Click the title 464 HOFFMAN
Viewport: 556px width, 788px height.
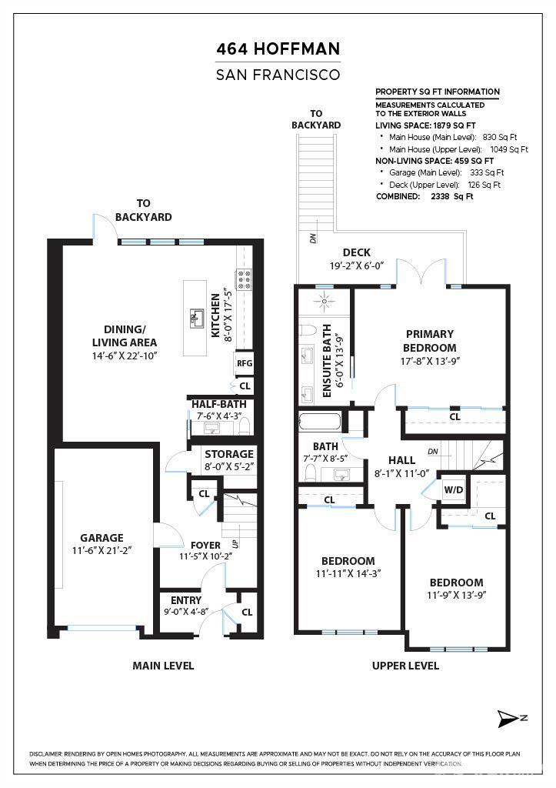tap(278, 50)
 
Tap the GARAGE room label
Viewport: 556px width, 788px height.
tap(102, 538)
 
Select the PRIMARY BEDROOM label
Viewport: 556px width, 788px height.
tap(429, 341)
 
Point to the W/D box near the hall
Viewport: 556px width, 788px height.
tap(452, 490)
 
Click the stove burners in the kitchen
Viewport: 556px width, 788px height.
tap(245, 279)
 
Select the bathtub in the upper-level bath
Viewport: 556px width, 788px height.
tap(319, 422)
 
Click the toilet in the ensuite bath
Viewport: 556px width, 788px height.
tap(308, 331)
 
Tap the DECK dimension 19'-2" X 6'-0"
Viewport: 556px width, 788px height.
tap(356, 265)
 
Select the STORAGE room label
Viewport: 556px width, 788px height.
tap(228, 454)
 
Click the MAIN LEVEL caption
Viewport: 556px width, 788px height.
tap(163, 665)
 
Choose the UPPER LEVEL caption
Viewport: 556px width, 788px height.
tap(405, 665)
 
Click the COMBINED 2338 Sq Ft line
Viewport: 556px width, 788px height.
tap(424, 196)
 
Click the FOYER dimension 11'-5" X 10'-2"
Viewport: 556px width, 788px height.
tap(205, 556)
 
